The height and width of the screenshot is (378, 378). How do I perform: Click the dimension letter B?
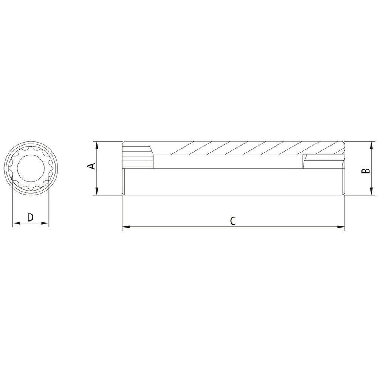click(x=366, y=170)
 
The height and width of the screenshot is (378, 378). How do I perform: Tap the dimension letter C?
click(x=232, y=221)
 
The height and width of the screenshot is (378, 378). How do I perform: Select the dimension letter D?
click(x=30, y=217)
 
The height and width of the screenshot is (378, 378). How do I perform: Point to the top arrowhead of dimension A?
click(x=96, y=146)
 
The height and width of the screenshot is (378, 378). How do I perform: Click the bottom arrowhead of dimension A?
click(x=96, y=191)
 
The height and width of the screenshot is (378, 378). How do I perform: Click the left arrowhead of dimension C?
click(x=126, y=226)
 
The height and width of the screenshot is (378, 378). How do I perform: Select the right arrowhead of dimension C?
click(x=341, y=226)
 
